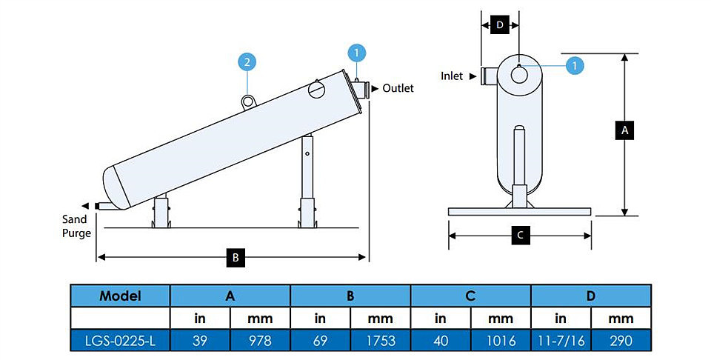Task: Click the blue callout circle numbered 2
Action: point(247,62)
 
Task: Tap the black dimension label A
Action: point(625,130)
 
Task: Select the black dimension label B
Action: point(236,258)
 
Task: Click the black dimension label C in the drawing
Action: point(520,236)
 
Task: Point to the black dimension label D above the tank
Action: point(500,25)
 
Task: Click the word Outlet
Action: point(398,88)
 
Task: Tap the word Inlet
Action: point(452,76)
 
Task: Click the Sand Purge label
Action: point(76,226)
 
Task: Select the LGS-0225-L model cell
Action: point(120,341)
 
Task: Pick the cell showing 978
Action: point(260,341)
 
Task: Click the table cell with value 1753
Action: point(381,341)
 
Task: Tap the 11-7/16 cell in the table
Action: point(561,341)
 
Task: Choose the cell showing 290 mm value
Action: point(621,341)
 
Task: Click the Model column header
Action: point(120,296)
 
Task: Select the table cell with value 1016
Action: point(501,341)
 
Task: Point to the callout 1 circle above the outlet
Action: point(356,53)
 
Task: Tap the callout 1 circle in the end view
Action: point(575,66)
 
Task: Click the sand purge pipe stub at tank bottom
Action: point(109,207)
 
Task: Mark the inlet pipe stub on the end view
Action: point(490,76)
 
